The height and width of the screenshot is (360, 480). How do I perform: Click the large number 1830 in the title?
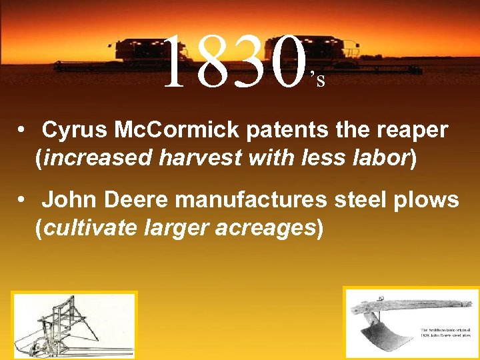(x=233, y=64)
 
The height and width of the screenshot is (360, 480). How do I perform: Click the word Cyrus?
(x=71, y=130)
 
